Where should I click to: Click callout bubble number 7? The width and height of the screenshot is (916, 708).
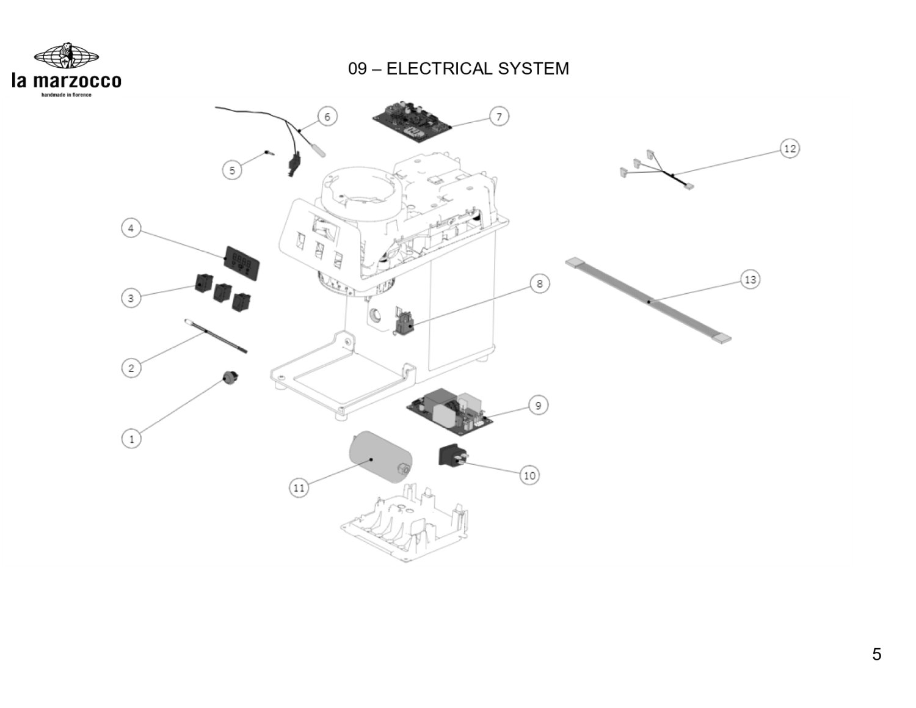(x=499, y=116)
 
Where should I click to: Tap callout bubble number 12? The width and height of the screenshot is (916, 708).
(x=790, y=148)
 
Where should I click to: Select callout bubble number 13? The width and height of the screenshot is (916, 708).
(x=751, y=280)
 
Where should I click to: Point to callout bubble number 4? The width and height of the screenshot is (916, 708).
(x=131, y=228)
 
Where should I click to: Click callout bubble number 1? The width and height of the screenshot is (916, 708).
(x=131, y=439)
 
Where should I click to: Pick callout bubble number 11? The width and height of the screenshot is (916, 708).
(x=299, y=487)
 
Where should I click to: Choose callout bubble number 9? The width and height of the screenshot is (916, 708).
(x=538, y=406)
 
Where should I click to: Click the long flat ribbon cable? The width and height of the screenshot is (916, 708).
(x=649, y=301)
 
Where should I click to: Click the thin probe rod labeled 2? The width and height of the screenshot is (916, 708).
(x=214, y=335)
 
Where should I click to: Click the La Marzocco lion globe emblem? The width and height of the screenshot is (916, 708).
(x=67, y=57)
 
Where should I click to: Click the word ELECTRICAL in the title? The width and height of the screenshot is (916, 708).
(x=439, y=68)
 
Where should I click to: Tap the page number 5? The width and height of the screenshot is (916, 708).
(x=876, y=654)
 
